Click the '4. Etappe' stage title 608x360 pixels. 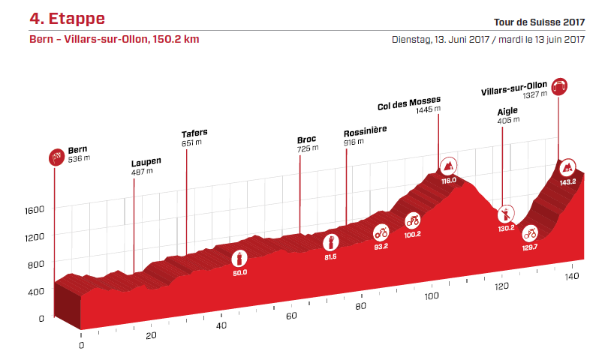coord(67,18)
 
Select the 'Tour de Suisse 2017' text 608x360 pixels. coord(539,22)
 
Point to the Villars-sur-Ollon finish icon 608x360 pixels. coord(558,86)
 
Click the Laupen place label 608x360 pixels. coord(146,161)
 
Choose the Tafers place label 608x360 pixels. coord(194,133)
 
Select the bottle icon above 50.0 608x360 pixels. coord(239,258)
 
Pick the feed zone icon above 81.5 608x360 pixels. coord(330,241)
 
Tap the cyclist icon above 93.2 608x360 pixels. coord(381,232)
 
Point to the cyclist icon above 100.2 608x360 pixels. coord(412,220)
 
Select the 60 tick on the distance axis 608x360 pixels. coord(290,316)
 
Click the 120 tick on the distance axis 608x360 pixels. coord(501,286)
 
